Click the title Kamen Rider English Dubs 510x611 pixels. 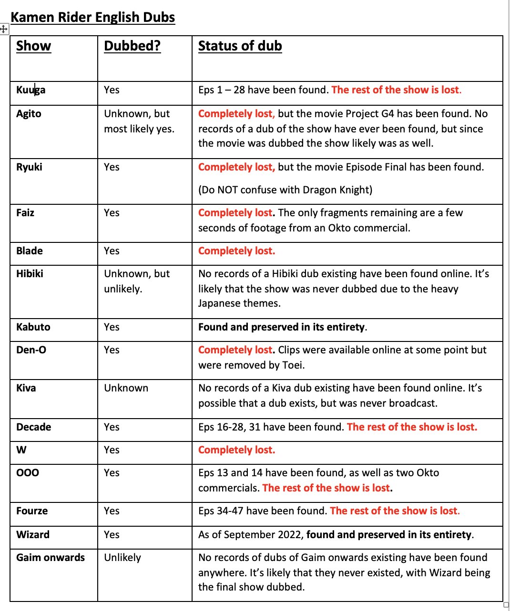(93, 18)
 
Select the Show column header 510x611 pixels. (33, 46)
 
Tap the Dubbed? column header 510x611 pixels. (132, 46)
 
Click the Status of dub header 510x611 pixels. (240, 46)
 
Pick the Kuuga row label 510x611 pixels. (31, 90)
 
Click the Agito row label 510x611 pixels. (29, 114)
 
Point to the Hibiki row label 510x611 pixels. (30, 274)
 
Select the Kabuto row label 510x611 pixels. (33, 327)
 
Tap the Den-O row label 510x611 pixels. (31, 350)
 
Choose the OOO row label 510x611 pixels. (28, 473)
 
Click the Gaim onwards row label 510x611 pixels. (51, 558)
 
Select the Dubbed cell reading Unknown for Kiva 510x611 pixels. (126, 388)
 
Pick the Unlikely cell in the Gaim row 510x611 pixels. (122, 558)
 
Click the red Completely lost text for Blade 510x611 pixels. (236, 251)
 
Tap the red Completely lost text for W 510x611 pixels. (236, 450)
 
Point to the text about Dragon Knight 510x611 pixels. (285, 190)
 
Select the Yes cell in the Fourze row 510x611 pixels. (112, 511)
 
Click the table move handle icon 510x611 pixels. (4, 30)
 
